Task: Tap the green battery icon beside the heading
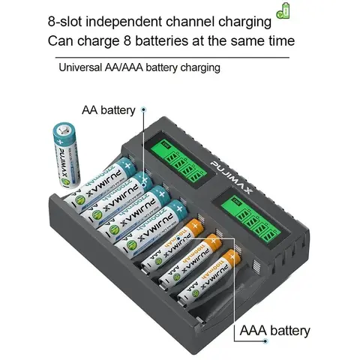pos(283,10)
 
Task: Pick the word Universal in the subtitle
pos(80,67)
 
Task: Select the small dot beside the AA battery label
pos(141,110)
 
